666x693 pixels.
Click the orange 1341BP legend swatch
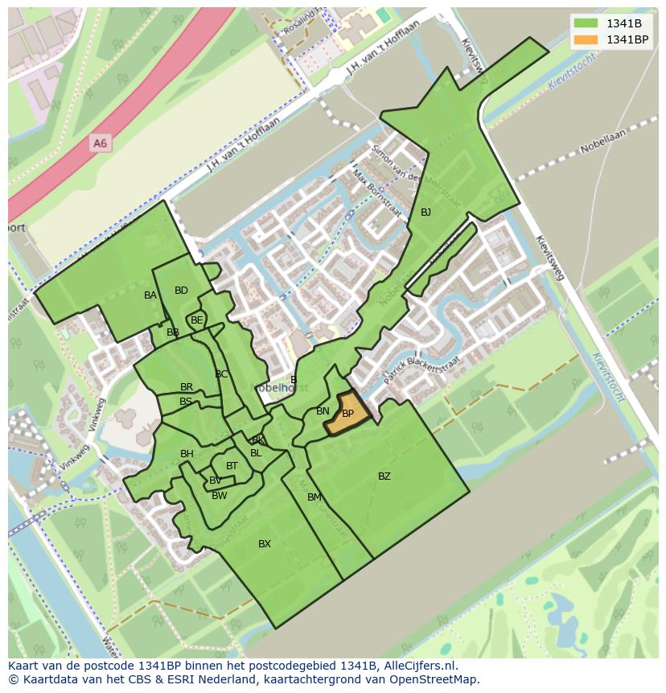(586, 39)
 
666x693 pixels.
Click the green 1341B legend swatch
(586, 23)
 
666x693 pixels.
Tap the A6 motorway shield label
(99, 143)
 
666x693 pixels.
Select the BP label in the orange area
(348, 414)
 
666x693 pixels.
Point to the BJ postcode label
(425, 212)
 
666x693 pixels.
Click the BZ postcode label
(384, 476)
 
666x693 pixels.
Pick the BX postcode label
(265, 544)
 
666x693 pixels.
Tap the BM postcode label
(314, 497)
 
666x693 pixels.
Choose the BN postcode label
(323, 411)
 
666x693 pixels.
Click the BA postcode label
(150, 295)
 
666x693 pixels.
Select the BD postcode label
(181, 291)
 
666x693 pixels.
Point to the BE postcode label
(197, 320)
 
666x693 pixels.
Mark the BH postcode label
(187, 454)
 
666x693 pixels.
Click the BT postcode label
(232, 466)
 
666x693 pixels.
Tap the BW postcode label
(219, 496)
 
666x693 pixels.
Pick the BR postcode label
(187, 387)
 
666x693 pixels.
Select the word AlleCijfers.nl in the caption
(420, 666)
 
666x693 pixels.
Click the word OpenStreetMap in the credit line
(437, 679)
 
